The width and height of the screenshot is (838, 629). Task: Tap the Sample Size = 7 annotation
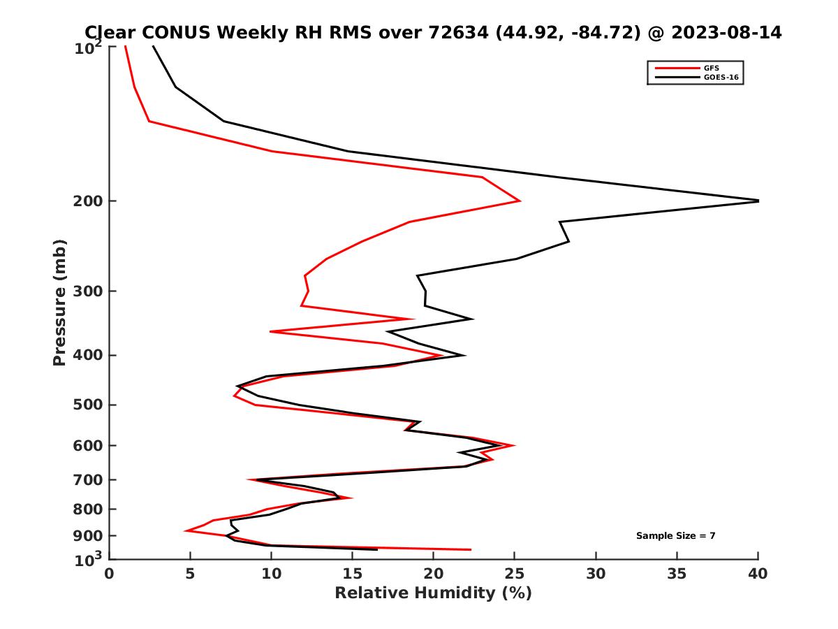pyautogui.click(x=675, y=535)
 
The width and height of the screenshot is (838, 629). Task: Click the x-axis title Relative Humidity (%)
pyautogui.click(x=433, y=593)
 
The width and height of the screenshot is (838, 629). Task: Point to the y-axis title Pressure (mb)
pyautogui.click(x=59, y=302)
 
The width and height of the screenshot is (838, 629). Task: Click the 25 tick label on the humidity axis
pyautogui.click(x=515, y=574)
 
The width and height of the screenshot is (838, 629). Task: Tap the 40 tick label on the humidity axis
pyautogui.click(x=758, y=574)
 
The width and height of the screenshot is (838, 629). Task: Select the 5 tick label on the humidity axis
pyautogui.click(x=190, y=574)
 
